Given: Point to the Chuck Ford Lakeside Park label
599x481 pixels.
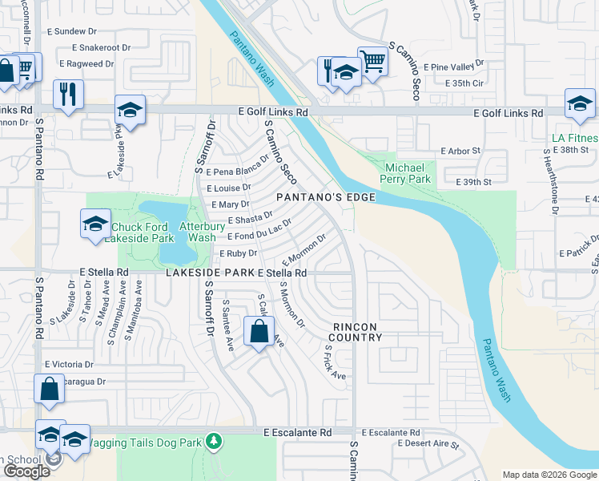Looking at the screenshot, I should click(x=143, y=232).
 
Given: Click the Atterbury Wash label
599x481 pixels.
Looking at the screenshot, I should click(x=197, y=232).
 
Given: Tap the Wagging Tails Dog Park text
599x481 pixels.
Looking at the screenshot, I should click(x=144, y=442).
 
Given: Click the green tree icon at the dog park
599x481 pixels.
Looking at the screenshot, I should click(x=213, y=441).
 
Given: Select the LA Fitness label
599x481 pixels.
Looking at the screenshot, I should click(x=575, y=137).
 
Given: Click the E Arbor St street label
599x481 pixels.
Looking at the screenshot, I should click(x=460, y=151).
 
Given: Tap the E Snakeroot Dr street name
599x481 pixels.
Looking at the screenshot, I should click(x=94, y=48).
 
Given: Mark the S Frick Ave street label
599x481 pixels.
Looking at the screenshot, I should click(x=335, y=363).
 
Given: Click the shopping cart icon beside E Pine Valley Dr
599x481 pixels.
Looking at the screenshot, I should click(x=372, y=60).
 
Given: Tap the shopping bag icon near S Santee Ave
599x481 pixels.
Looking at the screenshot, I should click(x=259, y=331).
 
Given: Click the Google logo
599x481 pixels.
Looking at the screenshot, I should click(x=26, y=471).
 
